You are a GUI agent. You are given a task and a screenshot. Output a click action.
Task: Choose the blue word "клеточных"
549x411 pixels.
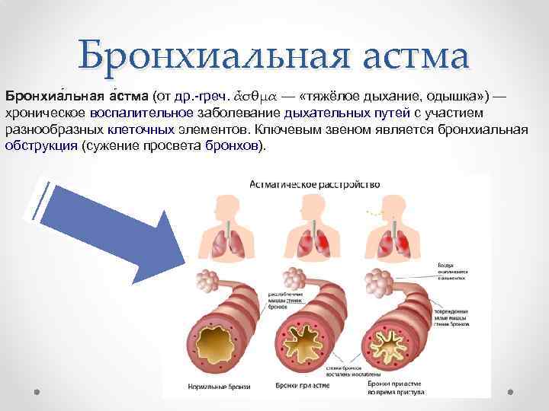tap(145, 130)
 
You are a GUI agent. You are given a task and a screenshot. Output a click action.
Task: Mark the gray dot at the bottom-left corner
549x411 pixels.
tap(36, 393)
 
